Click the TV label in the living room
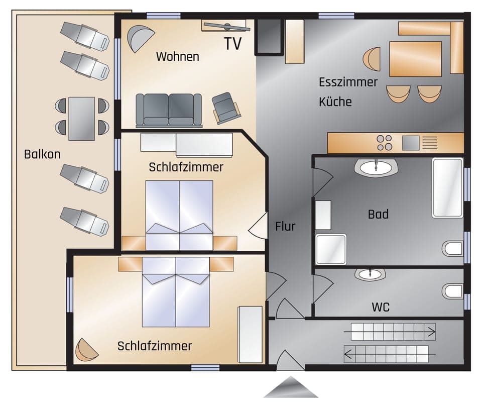233,44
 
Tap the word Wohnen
177,56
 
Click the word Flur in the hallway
285,227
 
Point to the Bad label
378,215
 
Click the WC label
381,307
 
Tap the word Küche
335,101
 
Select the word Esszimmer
348,82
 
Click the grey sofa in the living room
169,110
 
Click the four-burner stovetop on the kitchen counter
385,143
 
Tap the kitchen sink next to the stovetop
410,143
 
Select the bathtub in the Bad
447,188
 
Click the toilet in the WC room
452,291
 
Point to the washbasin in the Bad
376,167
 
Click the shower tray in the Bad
331,249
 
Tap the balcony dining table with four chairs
81,119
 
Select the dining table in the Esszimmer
415,59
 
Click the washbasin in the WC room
370,274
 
